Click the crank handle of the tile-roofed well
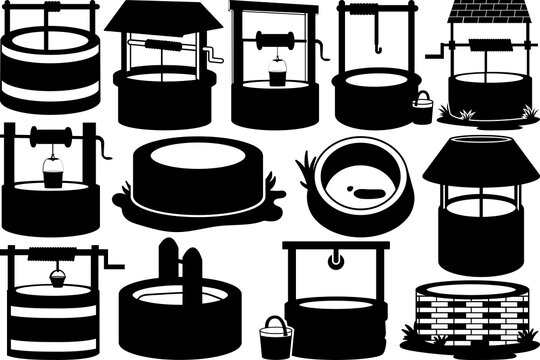coord(435,49)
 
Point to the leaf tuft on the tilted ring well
coord(308,161)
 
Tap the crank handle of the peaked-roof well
coord(211,55)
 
